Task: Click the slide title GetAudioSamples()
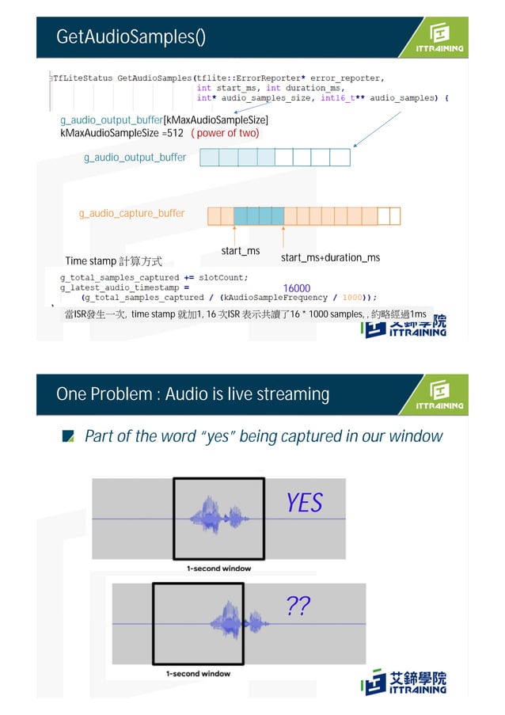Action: tap(131, 37)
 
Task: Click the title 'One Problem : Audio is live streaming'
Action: tap(192, 394)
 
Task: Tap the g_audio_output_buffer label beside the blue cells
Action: tap(135, 158)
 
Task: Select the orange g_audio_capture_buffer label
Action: tap(131, 213)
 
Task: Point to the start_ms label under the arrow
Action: tap(241, 251)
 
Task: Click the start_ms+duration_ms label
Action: tap(330, 258)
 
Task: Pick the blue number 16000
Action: tap(296, 288)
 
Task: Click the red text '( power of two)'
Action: tap(225, 133)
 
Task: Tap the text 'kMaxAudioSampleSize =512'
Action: tap(122, 133)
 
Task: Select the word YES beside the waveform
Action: tap(305, 503)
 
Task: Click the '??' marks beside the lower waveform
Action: tap(298, 607)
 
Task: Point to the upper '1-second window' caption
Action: tap(218, 569)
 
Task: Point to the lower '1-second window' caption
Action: tap(198, 674)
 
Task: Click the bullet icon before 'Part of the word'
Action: tap(69, 436)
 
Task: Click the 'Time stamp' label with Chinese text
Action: tap(113, 261)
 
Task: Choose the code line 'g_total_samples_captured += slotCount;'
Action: tap(154, 277)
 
